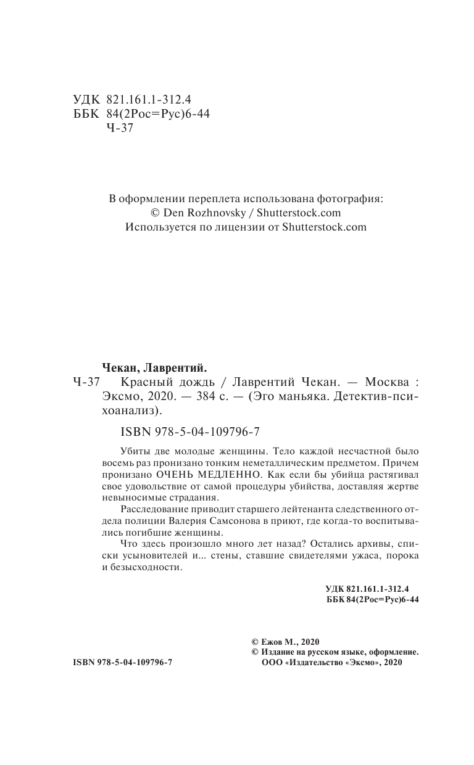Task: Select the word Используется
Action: tap(157, 227)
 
